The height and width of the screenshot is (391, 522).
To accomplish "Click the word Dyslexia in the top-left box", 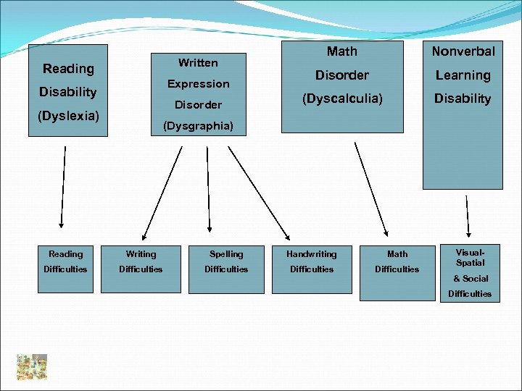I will [68, 115].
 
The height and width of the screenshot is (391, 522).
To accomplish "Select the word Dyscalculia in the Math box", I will [341, 98].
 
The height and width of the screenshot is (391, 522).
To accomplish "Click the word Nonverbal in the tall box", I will [463, 51].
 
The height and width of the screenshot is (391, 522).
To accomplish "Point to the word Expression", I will [198, 84].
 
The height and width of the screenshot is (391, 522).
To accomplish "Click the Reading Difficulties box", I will [66, 261].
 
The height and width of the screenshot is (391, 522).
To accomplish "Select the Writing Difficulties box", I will [141, 261].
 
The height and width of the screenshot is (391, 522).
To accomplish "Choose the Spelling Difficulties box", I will [226, 261].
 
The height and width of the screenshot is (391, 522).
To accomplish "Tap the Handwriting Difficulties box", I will [312, 261].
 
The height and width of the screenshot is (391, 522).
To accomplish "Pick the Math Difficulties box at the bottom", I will [397, 261].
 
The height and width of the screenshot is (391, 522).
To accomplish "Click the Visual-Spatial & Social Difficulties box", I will [470, 273].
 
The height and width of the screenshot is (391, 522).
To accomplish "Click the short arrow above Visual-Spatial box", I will [467, 211].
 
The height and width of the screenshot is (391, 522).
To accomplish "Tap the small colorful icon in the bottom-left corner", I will [33, 367].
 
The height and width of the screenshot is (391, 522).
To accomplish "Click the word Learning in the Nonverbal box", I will [463, 75].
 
